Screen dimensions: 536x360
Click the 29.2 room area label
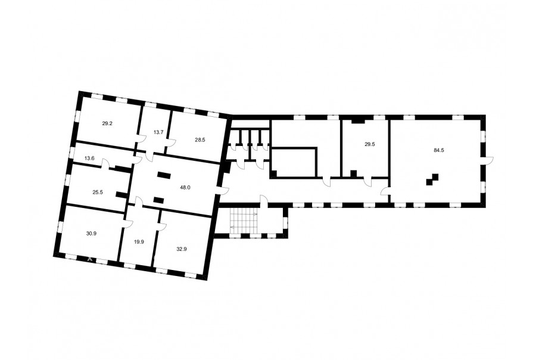pos(107,123)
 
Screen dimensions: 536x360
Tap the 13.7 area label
pos(158,132)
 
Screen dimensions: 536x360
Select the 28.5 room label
pos(200,139)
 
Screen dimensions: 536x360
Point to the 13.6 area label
pos(89,158)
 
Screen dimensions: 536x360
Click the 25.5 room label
pos(98,193)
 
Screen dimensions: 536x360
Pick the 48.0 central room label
pos(185,188)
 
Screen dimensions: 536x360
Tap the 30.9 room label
pos(91,234)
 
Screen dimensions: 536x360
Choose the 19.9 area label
pos(139,241)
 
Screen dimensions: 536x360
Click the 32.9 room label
pos(182,249)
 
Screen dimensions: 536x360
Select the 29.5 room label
pos(369,144)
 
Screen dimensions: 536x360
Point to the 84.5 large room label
pos(438,150)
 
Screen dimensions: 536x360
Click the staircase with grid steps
pos(244,221)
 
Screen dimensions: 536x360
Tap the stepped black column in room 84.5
pos(432,179)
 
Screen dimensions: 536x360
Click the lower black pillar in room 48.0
pos(159,200)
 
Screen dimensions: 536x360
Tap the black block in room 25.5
pos(121,195)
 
